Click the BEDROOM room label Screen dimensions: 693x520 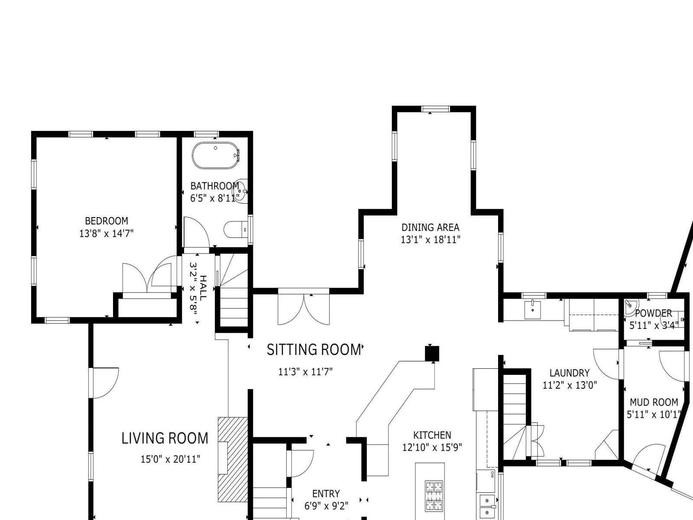point(107,221)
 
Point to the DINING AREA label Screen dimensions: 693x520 point(431,227)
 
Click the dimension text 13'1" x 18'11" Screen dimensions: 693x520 point(431,240)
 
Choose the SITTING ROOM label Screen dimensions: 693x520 point(314,350)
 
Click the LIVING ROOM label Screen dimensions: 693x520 point(165,439)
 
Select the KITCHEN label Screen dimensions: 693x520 point(432,435)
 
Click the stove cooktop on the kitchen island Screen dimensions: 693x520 point(434,495)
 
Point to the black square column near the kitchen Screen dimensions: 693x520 point(432,354)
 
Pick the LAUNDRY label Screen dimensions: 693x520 point(570,373)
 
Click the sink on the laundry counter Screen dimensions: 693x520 point(533,310)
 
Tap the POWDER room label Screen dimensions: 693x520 point(653,313)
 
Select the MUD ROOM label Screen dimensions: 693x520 point(654,402)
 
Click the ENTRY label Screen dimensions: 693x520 point(326,494)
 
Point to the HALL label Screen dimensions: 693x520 point(203,288)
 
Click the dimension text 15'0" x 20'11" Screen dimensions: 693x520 point(170,459)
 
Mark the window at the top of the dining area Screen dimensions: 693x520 point(435,109)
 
